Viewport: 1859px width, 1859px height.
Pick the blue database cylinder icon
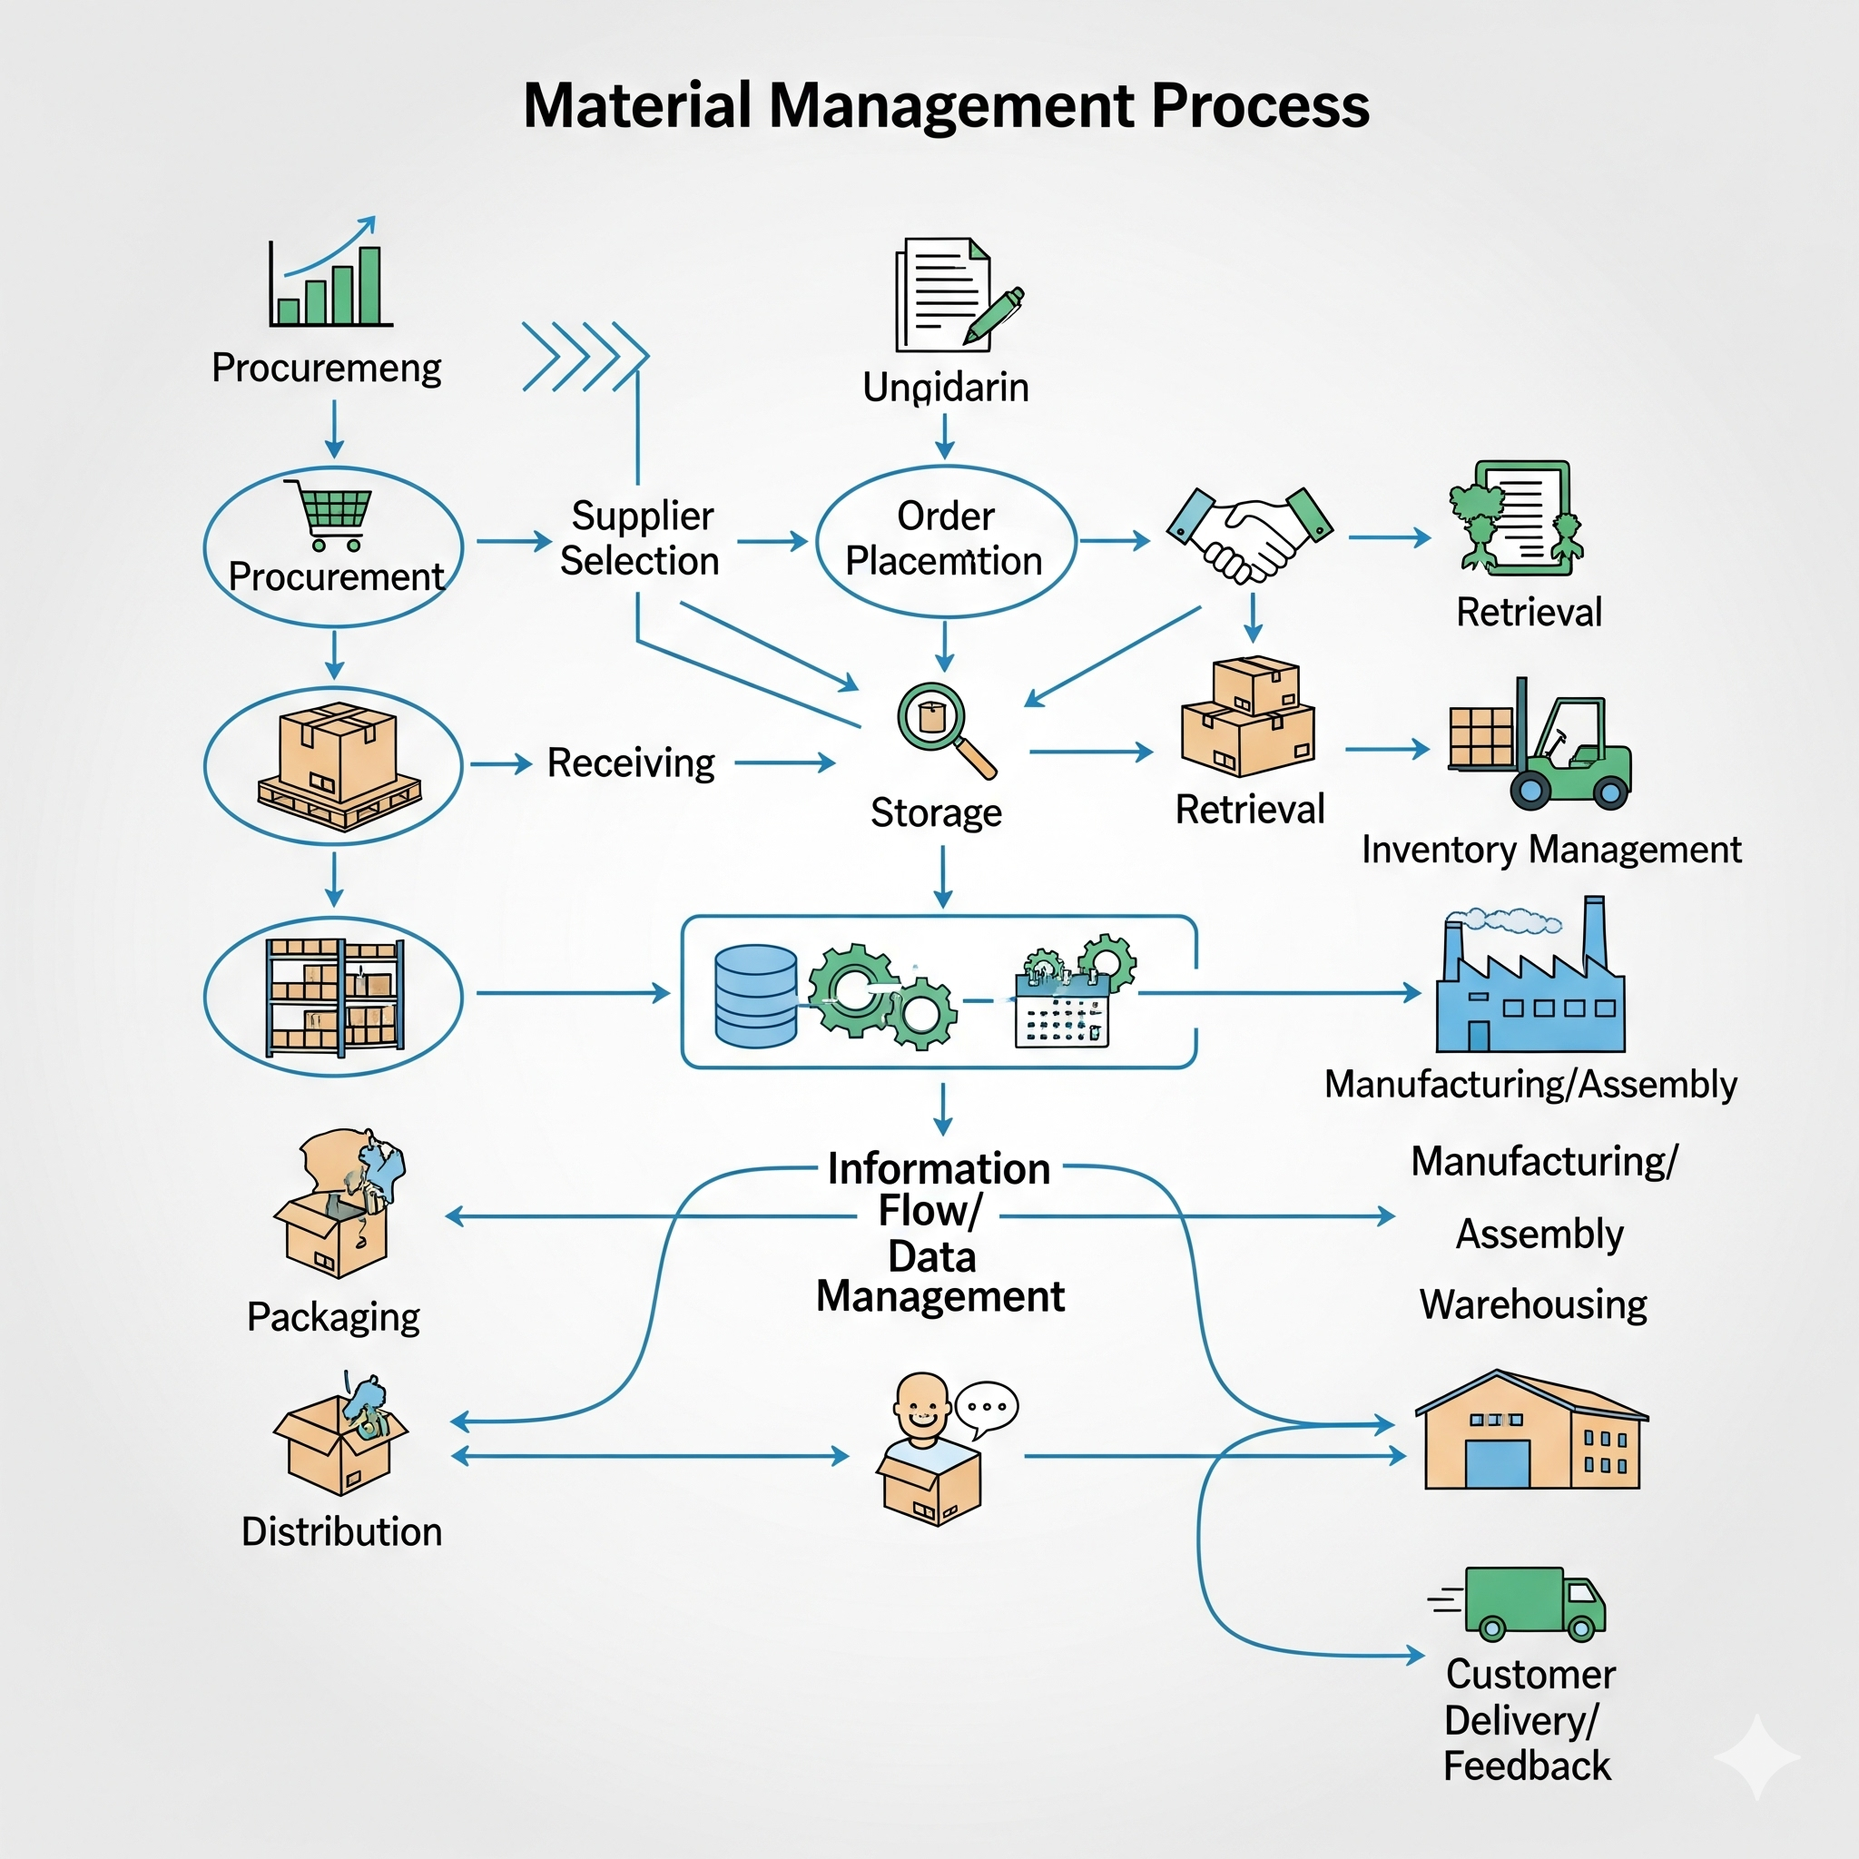(756, 995)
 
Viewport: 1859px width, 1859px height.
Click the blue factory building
(1529, 991)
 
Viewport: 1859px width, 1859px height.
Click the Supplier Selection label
(640, 539)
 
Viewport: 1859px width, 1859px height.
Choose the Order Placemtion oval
(946, 541)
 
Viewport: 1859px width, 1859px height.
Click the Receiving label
(631, 763)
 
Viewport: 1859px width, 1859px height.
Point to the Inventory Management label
(1551, 850)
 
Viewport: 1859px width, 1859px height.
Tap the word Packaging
(333, 1317)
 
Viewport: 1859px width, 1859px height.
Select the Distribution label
(341, 1532)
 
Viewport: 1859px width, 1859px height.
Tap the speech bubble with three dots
(987, 1408)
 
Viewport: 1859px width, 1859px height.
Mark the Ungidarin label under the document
(946, 388)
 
